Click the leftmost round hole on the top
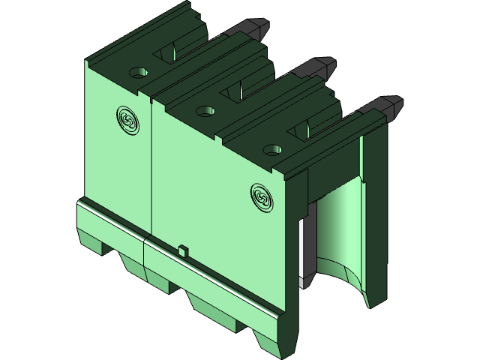pyautogui.click(x=136, y=73)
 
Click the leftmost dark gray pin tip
pyautogui.click(x=257, y=28)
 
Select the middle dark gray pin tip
pyautogui.click(x=323, y=65)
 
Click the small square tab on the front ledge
pyautogui.click(x=182, y=250)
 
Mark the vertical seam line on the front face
pyautogui.click(x=152, y=165)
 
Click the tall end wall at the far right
pyautogui.click(x=374, y=217)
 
